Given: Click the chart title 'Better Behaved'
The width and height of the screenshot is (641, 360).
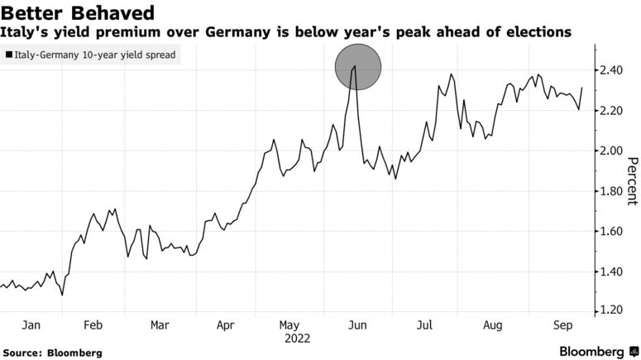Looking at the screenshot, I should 78,13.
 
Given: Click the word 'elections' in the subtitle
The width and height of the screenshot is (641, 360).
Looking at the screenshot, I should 533,33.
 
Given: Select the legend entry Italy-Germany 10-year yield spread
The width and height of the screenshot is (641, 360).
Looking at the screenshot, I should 93,55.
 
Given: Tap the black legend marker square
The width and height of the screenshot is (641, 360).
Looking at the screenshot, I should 8,55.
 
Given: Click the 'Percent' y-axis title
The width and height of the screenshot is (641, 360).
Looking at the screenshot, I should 632,180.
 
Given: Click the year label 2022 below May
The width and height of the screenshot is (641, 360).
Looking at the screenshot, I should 296,338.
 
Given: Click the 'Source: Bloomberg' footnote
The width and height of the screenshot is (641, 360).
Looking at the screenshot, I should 52,353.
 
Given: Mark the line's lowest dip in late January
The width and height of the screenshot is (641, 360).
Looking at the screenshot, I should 62,294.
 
